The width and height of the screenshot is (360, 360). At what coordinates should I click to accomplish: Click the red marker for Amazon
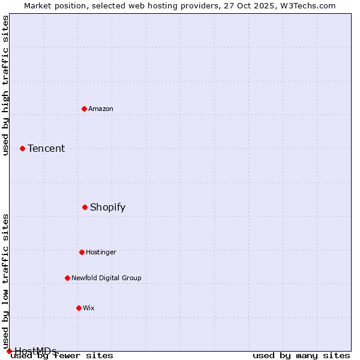pos(84,109)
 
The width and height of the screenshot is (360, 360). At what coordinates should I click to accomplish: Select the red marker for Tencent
pos(22,148)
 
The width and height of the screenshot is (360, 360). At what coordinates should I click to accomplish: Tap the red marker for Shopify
pos(85,207)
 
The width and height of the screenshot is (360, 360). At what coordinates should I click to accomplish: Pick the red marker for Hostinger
pos(82,252)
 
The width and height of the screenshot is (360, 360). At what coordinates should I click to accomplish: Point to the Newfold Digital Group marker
pos(67,278)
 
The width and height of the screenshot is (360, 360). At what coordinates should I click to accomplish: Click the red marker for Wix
pos(79,308)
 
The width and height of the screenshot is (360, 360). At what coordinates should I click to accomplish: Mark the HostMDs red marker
pos(9,351)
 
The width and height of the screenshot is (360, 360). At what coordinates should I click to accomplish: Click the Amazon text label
pos(101,109)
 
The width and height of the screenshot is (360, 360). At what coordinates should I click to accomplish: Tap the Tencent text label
pos(46,148)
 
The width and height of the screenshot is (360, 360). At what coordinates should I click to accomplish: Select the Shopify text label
pos(108,207)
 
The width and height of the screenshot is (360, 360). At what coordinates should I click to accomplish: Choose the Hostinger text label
pos(101,252)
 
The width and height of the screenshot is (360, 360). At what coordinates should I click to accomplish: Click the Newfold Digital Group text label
pos(107,278)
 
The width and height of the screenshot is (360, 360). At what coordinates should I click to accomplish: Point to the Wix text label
pos(89,308)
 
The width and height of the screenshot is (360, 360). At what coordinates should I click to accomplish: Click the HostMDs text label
pos(36,351)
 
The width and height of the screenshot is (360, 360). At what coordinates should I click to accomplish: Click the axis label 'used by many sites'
pos(301,355)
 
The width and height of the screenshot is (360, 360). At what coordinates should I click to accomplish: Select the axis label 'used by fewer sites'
pos(62,355)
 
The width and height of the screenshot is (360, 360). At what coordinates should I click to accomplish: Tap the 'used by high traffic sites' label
pos(5,85)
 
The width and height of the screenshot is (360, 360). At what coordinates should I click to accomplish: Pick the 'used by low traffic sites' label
pos(5,281)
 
